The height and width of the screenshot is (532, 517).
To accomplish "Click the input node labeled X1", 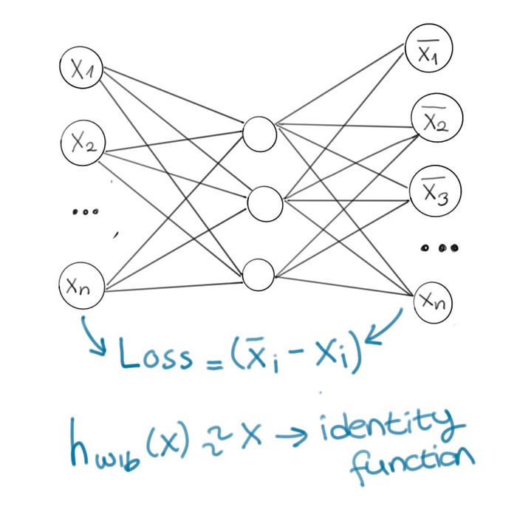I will (x=81, y=69).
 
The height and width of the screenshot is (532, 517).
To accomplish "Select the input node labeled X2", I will (x=83, y=141).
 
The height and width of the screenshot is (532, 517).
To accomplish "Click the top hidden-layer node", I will (x=260, y=133).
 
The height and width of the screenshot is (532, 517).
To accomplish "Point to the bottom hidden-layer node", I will (x=259, y=273).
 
